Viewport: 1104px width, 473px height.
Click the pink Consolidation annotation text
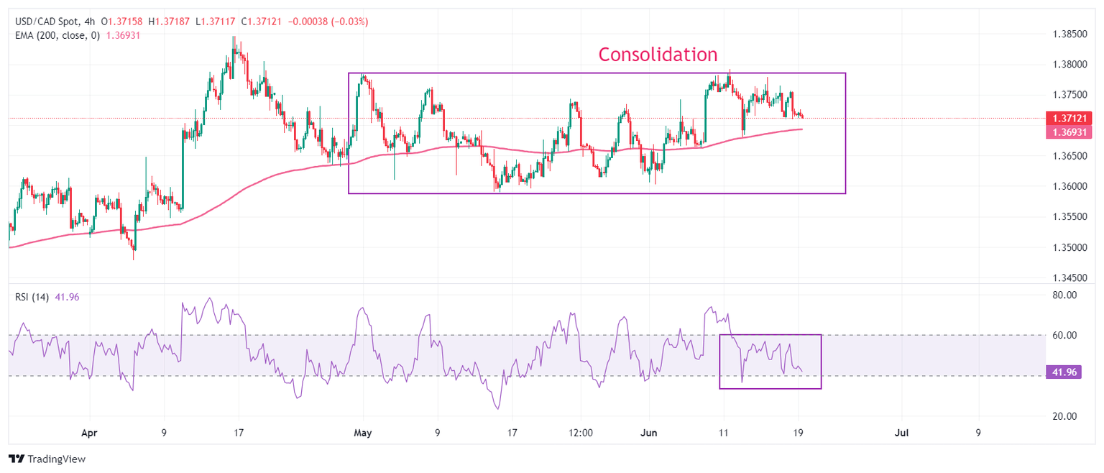[658, 55]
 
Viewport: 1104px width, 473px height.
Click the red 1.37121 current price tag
[1071, 118]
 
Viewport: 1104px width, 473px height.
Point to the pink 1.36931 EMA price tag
[1071, 132]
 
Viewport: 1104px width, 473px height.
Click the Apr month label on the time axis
[89, 433]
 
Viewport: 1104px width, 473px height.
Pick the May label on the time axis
[363, 433]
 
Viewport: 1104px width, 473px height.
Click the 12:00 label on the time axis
[580, 433]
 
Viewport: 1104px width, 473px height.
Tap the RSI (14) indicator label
[32, 297]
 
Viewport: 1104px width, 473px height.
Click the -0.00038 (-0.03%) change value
[328, 22]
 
